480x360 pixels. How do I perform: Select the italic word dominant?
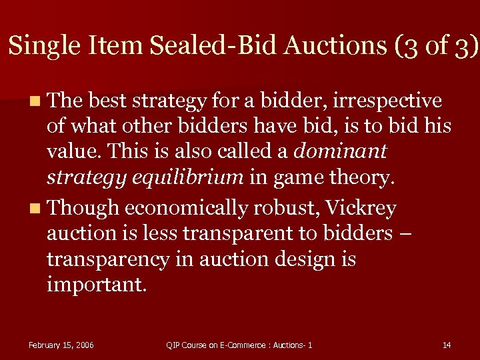pyautogui.click(x=340, y=151)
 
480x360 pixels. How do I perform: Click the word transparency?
pyautogui.click(x=108, y=259)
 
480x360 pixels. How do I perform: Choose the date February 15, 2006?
pyautogui.click(x=61, y=345)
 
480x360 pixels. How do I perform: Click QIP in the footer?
pyautogui.click(x=173, y=345)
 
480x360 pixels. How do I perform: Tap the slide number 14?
pyautogui.click(x=447, y=345)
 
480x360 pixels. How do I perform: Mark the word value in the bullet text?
pyautogui.click(x=71, y=151)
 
